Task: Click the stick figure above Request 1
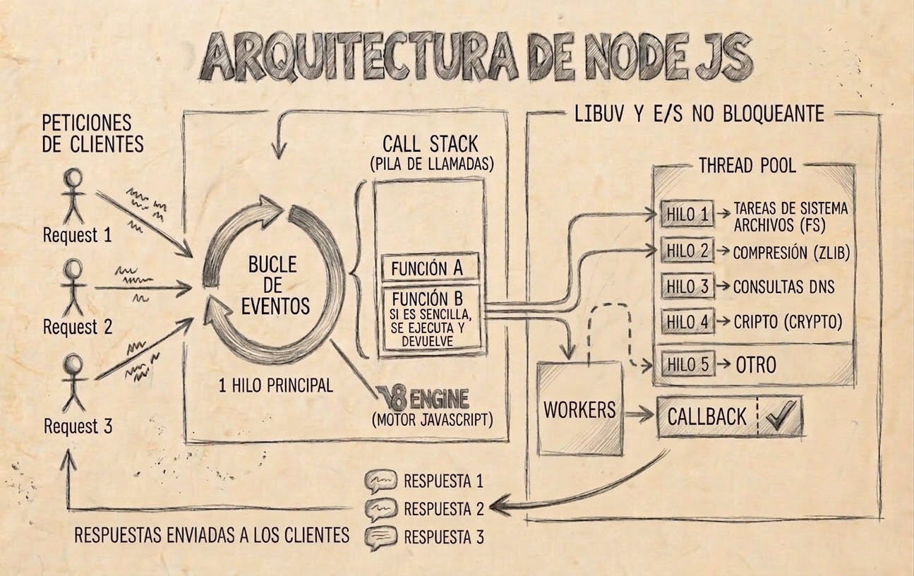(73, 196)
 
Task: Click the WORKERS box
(579, 409)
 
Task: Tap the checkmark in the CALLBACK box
(781, 416)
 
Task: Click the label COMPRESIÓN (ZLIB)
(790, 252)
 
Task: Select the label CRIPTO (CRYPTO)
(788, 322)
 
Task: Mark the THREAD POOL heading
(747, 166)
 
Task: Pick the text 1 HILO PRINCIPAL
(275, 386)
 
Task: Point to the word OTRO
(756, 365)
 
